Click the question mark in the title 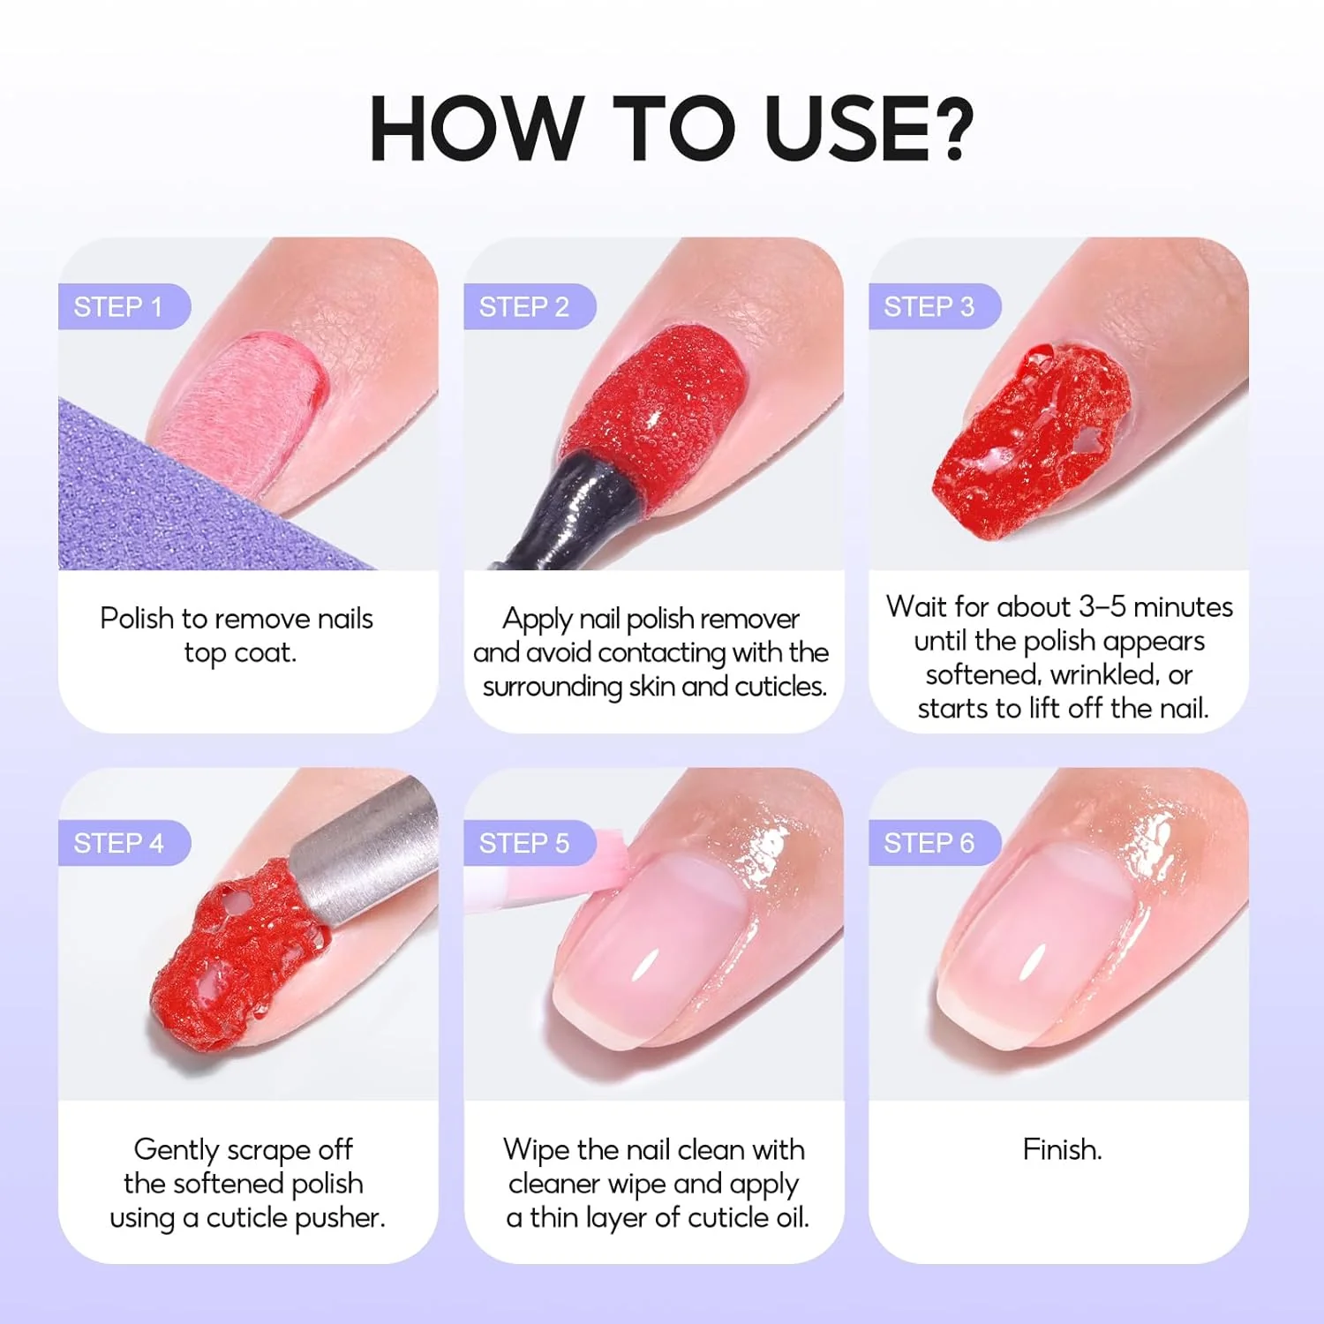[x=952, y=128]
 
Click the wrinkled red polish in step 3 [x=1033, y=441]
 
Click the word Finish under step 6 [x=1061, y=1149]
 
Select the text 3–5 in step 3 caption [x=1103, y=607]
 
